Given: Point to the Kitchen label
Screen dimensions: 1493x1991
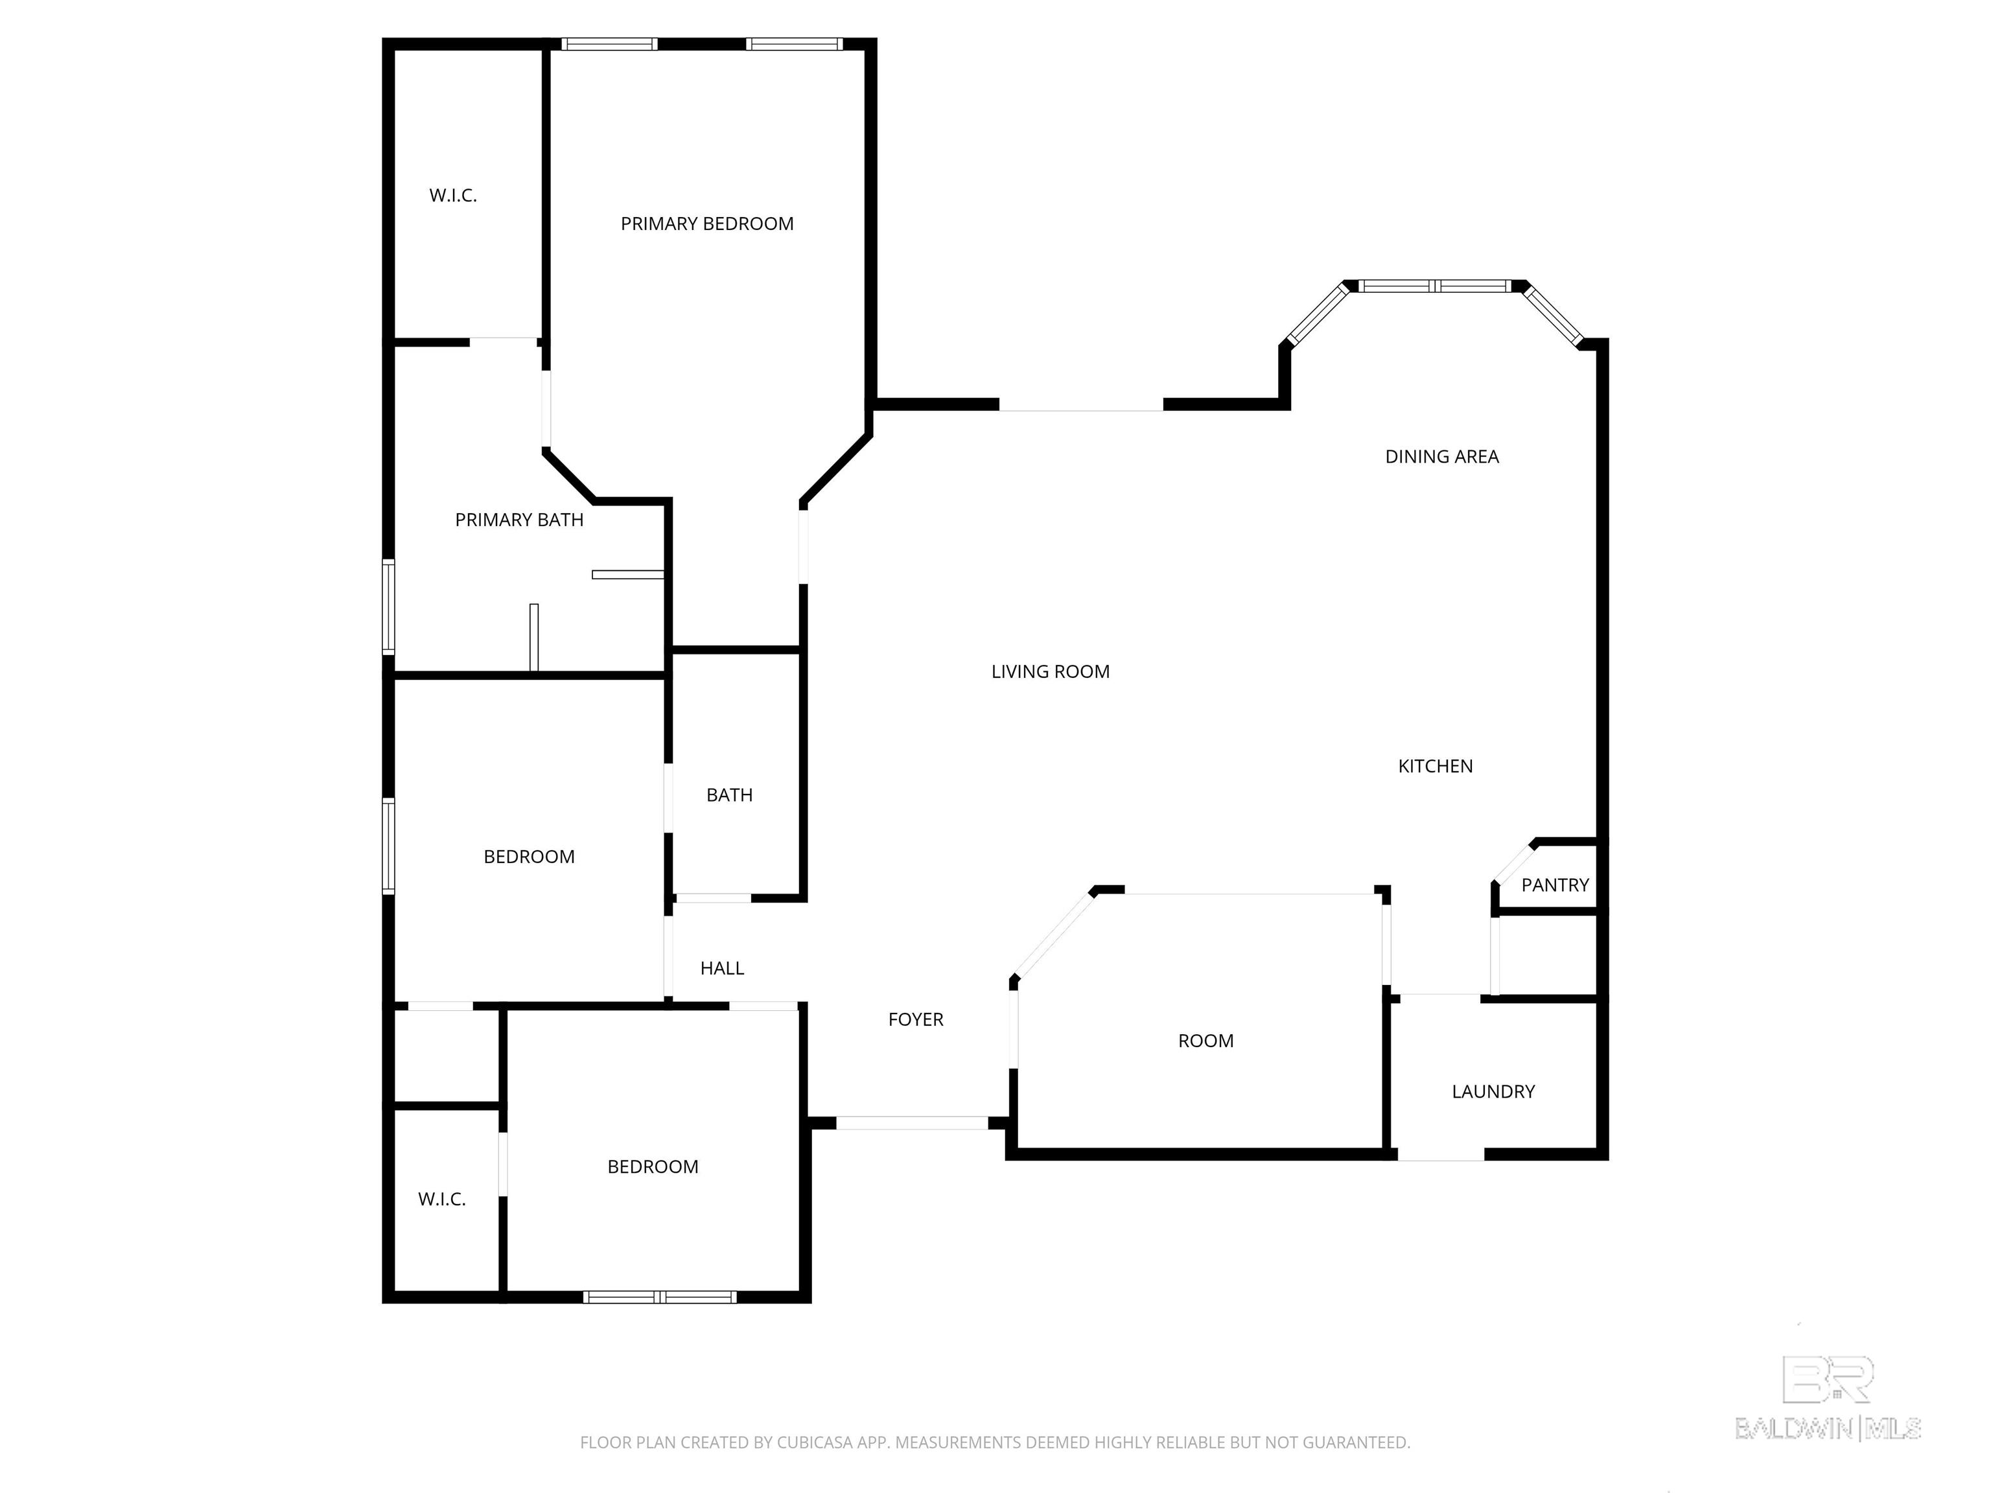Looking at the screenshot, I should (1435, 766).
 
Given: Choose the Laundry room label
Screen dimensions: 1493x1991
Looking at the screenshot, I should (1493, 1092).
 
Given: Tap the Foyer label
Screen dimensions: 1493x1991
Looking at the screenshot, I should (915, 1019).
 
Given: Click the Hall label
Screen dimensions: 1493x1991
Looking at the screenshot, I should (722, 968).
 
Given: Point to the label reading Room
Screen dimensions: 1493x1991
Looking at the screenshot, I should (1205, 1041).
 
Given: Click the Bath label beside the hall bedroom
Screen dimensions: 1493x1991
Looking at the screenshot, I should (729, 794).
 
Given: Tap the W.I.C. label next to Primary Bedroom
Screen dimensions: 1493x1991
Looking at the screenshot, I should (453, 195).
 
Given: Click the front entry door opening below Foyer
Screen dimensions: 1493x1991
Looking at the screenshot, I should (912, 1122).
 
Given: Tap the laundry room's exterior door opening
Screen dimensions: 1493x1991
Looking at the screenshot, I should (1440, 1155).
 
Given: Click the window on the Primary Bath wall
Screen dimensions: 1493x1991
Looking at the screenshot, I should (389, 606).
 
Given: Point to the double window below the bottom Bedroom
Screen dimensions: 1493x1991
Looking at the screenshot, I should (660, 1297).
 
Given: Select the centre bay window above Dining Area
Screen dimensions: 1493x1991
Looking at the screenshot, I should (1435, 286).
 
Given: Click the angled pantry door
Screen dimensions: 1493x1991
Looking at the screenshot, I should (1514, 861).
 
